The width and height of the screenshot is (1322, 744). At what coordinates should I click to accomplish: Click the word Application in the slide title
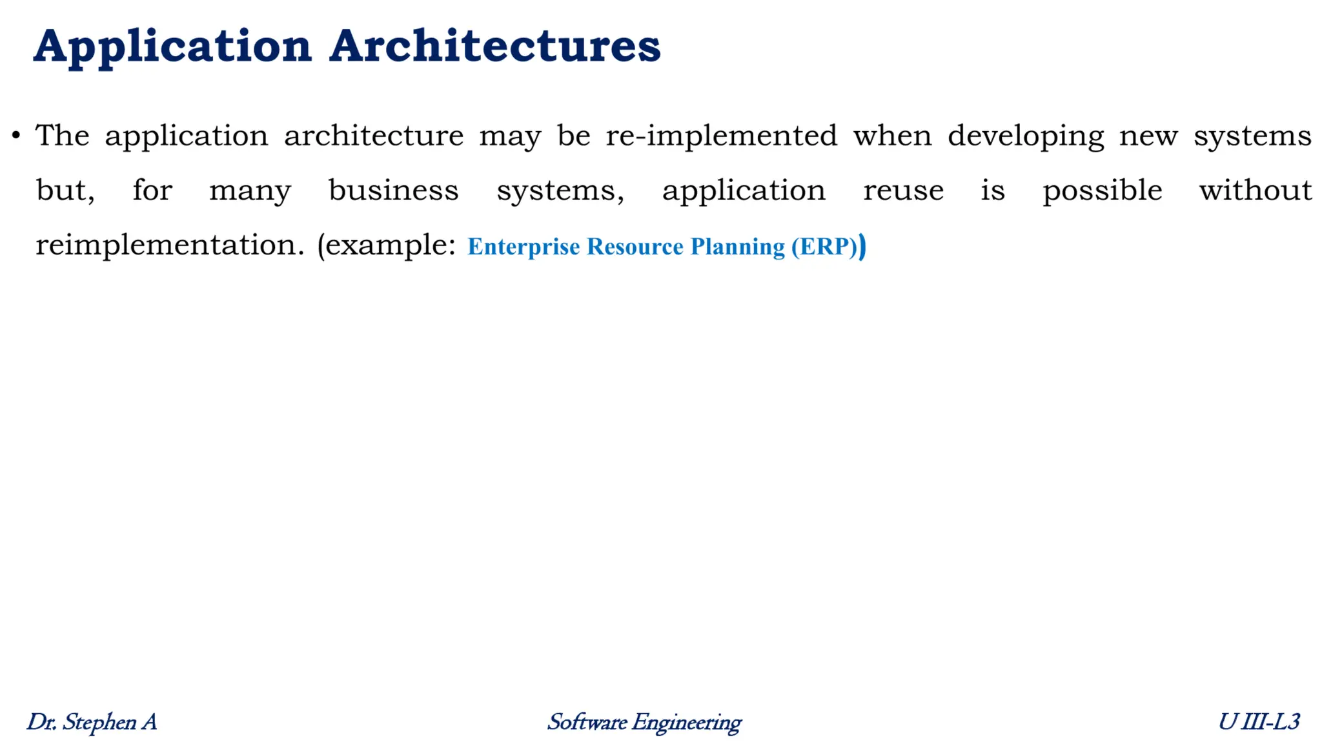pos(172,46)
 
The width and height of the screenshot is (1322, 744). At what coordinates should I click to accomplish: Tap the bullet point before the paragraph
pos(16,136)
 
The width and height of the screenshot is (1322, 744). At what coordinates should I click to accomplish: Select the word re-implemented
pos(721,136)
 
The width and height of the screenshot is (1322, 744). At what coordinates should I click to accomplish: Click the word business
pos(393,190)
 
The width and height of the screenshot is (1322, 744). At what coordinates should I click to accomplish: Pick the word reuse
pos(903,191)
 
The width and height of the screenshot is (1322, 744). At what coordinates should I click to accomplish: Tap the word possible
pos(1102,191)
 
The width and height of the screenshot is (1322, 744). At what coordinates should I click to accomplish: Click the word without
pos(1255,190)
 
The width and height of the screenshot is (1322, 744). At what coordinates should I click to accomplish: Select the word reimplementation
pos(169,245)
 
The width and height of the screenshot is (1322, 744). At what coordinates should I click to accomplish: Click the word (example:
pos(386,245)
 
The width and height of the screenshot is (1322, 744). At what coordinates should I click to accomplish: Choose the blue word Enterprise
pos(524,247)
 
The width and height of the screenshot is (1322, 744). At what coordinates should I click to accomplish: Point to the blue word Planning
pos(737,247)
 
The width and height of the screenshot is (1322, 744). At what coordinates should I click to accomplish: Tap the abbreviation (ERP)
pos(828,247)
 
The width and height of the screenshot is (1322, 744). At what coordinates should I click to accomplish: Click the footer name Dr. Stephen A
pos(92,722)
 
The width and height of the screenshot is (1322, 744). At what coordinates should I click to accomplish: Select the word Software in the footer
pos(587,722)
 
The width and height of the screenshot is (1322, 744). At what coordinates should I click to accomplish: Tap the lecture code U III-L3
pos(1258,722)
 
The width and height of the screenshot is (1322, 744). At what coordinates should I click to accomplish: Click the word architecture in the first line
pos(373,136)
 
